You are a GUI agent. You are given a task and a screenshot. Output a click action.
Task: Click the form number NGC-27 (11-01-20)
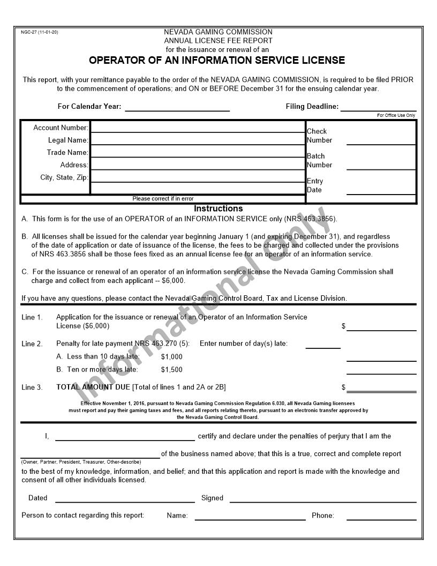tap(40, 32)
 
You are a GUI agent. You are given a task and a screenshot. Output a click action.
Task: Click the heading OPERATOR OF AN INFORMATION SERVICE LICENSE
tap(217, 60)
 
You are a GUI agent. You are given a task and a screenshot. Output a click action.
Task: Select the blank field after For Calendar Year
tap(177, 107)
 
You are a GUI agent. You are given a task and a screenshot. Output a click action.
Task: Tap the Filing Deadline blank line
tap(378, 107)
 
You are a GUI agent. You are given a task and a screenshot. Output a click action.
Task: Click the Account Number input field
tap(197, 128)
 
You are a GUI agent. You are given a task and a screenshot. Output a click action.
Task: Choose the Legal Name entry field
tap(197, 140)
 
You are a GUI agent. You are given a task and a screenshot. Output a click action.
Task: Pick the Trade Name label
tap(67, 153)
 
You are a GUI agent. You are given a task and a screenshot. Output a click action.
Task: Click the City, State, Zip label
tap(64, 177)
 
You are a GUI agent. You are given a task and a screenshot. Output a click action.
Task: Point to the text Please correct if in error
tap(163, 199)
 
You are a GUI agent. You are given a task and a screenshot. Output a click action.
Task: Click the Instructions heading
tap(218, 208)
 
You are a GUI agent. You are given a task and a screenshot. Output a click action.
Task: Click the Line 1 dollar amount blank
tap(381, 326)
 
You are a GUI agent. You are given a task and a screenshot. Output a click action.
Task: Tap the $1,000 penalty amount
tap(171, 357)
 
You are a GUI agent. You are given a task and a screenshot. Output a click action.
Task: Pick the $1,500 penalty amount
tap(171, 370)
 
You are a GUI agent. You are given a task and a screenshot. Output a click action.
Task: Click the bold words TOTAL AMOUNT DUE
tap(93, 387)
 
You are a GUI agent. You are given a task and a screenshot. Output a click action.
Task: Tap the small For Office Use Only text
tap(396, 115)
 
